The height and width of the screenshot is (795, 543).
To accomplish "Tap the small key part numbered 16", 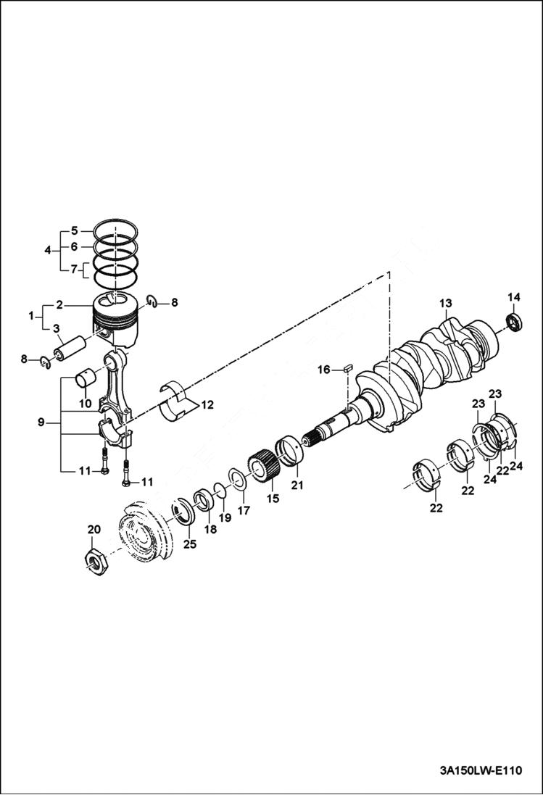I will (x=347, y=368).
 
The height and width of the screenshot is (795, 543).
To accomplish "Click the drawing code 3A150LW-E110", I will (x=479, y=770).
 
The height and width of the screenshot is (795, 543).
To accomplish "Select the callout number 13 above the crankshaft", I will (x=445, y=302).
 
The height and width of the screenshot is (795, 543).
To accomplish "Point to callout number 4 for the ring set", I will (x=47, y=250).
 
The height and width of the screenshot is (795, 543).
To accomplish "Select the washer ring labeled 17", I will (x=236, y=478).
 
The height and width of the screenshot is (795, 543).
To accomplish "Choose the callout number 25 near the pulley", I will (x=189, y=544).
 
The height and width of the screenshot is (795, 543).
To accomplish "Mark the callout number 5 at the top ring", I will (x=74, y=231).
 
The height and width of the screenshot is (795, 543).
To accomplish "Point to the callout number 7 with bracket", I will (x=74, y=270).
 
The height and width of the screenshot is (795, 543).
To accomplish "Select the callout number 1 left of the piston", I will (x=31, y=316).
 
